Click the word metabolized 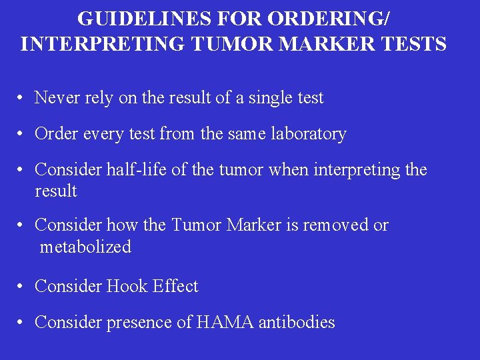(85, 247)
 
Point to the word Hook (127, 287)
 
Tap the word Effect (175, 287)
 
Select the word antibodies (297, 323)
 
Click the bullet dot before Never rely (22, 99)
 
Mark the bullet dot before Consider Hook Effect (22, 287)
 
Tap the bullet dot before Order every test (22, 135)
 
